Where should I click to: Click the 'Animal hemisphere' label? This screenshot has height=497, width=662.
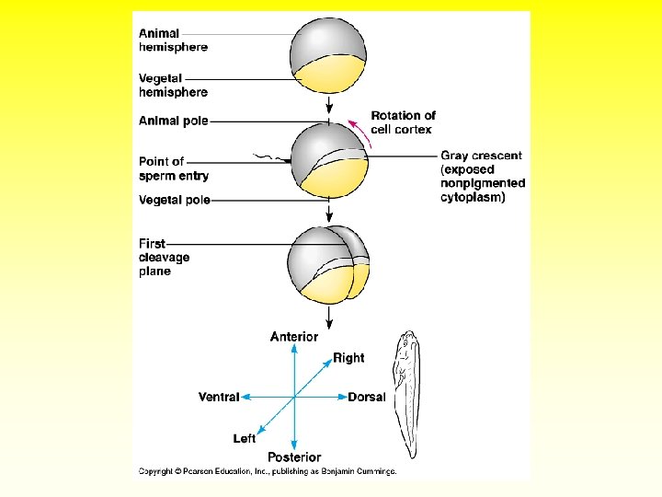pyautogui.click(x=173, y=40)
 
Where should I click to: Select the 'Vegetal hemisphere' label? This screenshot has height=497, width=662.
pyautogui.click(x=173, y=86)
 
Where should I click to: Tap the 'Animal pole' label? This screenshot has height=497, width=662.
pyautogui.click(x=174, y=121)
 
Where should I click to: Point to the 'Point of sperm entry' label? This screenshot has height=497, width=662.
pyautogui.click(x=174, y=168)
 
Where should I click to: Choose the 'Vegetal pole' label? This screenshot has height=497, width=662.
pyautogui.click(x=175, y=200)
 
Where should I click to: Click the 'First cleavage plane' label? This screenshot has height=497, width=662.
pyautogui.click(x=165, y=258)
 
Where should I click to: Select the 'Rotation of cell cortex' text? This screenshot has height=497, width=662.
pyautogui.click(x=403, y=122)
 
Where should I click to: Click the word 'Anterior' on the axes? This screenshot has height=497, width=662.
pyautogui.click(x=294, y=338)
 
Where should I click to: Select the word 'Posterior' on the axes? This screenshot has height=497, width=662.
pyautogui.click(x=294, y=457)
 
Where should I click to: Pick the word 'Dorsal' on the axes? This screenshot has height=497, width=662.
pyautogui.click(x=367, y=398)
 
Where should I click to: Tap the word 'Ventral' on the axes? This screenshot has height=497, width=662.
pyautogui.click(x=219, y=398)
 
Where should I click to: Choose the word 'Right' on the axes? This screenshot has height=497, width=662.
pyautogui.click(x=348, y=358)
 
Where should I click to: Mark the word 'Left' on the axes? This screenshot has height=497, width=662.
pyautogui.click(x=245, y=439)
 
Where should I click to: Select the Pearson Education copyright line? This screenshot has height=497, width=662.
pyautogui.click(x=267, y=472)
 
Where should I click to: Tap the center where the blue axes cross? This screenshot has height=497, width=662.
pyautogui.click(x=294, y=398)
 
